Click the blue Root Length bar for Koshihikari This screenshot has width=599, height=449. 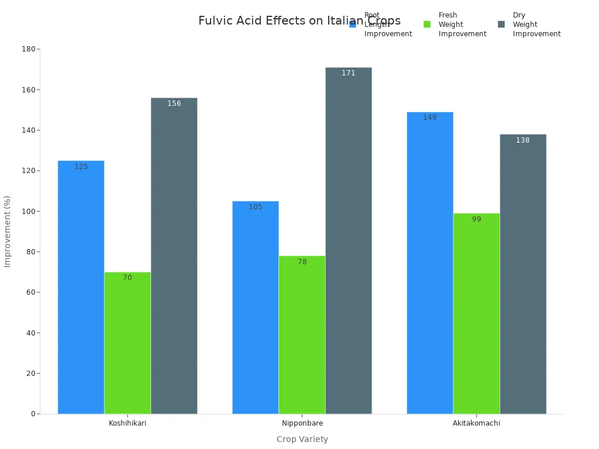point(81,287)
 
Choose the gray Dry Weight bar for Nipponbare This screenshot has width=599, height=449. point(348,240)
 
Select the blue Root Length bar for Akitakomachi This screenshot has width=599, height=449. point(430,263)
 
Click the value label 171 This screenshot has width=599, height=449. point(348,73)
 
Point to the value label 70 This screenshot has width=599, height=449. point(128,278)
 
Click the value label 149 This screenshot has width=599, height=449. point(430,118)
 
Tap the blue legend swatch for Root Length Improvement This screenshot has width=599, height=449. point(353,25)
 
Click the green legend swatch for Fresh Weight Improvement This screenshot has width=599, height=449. point(427,25)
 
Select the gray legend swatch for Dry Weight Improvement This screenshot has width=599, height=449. point(501,25)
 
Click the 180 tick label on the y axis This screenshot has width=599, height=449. point(28,49)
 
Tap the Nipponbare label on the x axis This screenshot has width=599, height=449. point(302,423)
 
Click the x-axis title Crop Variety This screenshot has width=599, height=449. point(302,439)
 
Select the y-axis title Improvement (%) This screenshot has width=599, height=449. point(8,232)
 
